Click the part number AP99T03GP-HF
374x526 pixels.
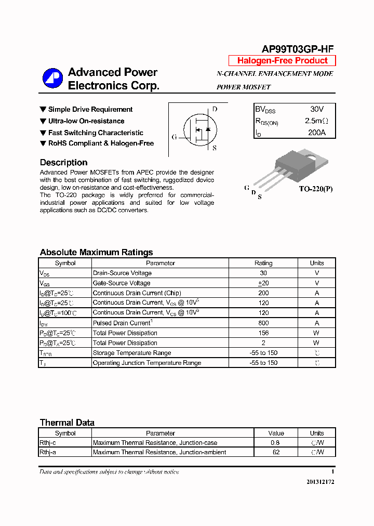297,49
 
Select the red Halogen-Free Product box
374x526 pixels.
282,61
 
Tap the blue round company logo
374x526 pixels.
52,78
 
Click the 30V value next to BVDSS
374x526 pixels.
316,109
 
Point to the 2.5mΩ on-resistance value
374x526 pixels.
316,121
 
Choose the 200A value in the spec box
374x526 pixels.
316,133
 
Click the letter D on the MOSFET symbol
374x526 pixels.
215,109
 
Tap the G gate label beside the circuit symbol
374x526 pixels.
175,137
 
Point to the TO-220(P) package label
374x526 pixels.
315,189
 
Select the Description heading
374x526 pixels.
63,163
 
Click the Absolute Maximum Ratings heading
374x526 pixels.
96,253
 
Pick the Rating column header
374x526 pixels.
263,263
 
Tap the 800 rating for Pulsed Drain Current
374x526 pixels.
263,323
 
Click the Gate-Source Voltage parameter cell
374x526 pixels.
122,283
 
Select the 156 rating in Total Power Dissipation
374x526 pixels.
263,333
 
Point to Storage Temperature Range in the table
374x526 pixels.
131,353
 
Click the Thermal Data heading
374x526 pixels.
67,423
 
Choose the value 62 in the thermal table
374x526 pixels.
276,452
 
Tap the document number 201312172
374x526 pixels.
320,482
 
